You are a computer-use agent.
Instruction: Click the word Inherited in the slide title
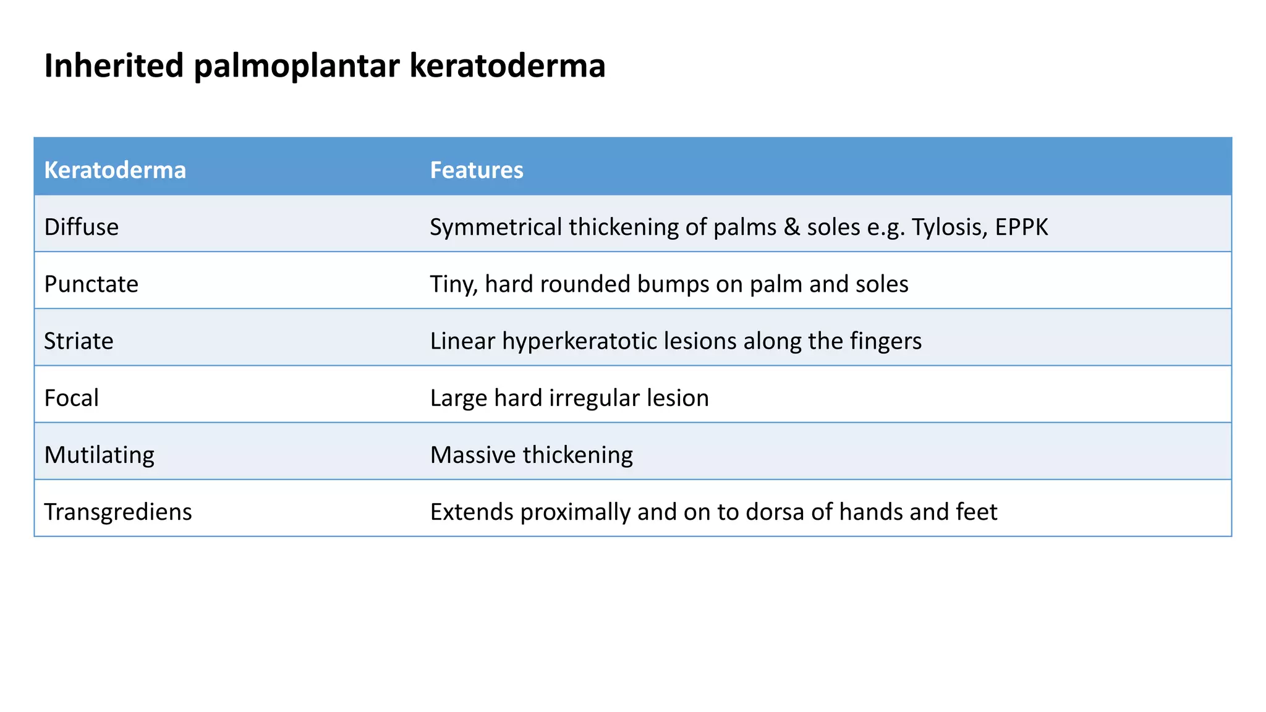coord(114,66)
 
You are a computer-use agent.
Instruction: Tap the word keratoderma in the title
coord(507,66)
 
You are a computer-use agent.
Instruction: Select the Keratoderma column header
coord(115,170)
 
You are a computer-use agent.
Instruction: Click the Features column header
coord(477,170)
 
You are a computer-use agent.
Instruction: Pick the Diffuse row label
coord(82,227)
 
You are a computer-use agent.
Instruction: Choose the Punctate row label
coord(91,284)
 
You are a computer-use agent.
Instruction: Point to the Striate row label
coord(79,341)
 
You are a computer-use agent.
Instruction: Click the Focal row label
coord(72,398)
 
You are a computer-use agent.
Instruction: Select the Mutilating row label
coord(100,455)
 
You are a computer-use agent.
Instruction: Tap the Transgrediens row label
coord(118,512)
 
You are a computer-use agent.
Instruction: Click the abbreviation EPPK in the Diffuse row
coord(1021,227)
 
